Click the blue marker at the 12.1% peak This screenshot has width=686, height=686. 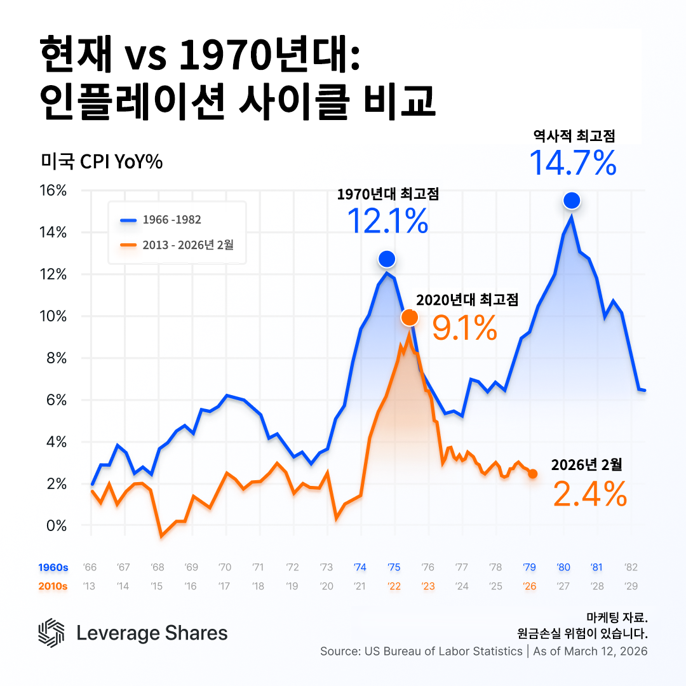387,259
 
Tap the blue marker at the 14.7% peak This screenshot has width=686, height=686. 572,201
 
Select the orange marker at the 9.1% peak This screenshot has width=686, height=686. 410,317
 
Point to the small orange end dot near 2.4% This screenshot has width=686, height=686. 532,474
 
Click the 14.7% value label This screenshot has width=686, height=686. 572,163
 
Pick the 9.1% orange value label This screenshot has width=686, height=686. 464,328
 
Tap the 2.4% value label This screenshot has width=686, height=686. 589,494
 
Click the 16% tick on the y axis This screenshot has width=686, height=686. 53,191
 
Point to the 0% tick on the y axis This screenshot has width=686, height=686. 56,525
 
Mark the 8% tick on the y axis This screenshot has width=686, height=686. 56,358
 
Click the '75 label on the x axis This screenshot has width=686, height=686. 394,567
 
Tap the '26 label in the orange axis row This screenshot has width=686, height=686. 529,586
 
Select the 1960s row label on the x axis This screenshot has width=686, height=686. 53,567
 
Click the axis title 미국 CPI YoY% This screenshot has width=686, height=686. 102,162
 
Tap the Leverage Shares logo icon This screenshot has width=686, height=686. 51,633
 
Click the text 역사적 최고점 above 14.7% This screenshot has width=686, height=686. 574,135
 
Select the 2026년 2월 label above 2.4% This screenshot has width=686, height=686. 586,464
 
